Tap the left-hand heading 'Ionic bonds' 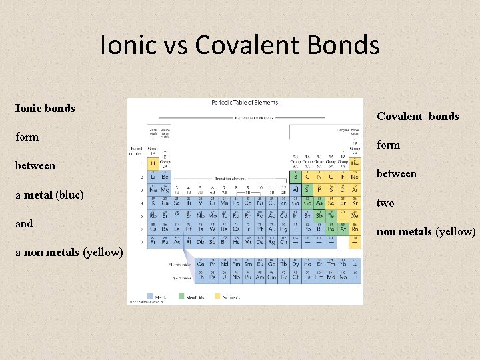coord(45,108)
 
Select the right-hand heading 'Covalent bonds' coord(417,116)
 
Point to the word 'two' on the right coord(385,203)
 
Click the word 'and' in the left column coord(24,223)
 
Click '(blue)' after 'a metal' coord(69,195)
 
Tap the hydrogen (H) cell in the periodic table coord(153,165)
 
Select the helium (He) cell coord(355,165)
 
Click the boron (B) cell coord(295,177)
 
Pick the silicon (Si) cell coord(307,189)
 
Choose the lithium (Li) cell coord(153,177)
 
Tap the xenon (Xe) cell coord(355,215)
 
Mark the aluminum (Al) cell coord(295,189)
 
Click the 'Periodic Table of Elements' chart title coord(245,103)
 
